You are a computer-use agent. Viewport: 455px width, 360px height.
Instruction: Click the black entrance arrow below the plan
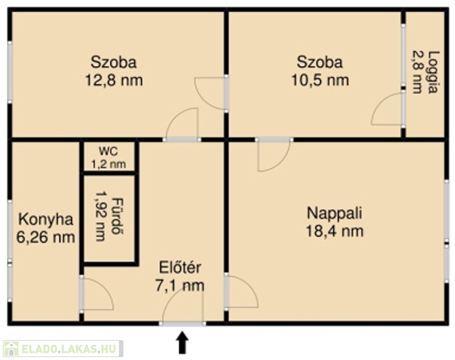[x=182, y=342]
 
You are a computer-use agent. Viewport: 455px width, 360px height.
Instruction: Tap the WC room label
[x=108, y=151]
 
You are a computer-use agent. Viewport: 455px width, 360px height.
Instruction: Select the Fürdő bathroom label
[x=118, y=217]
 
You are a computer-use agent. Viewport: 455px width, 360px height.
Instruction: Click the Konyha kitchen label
[x=45, y=220]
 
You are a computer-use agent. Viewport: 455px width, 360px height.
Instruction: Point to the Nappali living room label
[x=334, y=213]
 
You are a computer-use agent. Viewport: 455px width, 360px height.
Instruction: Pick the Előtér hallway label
[x=180, y=267]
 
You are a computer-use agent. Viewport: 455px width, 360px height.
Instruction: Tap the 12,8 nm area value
[x=114, y=80]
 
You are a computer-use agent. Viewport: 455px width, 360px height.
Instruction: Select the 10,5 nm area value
[x=320, y=80]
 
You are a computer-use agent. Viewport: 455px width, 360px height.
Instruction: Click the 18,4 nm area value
[x=334, y=231]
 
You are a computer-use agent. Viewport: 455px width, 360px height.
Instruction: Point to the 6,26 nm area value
[x=45, y=238]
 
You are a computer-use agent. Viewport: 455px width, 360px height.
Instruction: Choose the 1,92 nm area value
[x=101, y=216]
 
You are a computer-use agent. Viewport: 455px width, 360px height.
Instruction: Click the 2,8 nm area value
[x=417, y=72]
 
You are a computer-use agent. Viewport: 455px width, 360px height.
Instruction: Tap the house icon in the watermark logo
[x=11, y=349]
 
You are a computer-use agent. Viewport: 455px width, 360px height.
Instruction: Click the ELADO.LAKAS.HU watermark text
[x=69, y=349]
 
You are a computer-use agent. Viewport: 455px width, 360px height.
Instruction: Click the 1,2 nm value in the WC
[x=109, y=164]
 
